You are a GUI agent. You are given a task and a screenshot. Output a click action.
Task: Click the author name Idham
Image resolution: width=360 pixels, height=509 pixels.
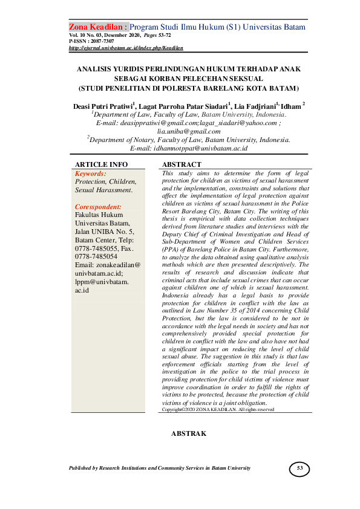(x=293, y=105)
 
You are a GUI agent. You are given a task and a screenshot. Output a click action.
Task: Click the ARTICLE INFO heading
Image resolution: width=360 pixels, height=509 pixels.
(x=101, y=164)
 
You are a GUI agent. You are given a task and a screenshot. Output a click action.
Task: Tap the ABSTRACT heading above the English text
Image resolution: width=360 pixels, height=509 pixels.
(x=182, y=164)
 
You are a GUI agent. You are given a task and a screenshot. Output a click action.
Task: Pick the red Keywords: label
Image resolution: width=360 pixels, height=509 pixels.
(x=90, y=173)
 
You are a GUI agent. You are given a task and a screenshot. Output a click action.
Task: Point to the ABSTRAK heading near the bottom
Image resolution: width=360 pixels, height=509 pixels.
(x=189, y=433)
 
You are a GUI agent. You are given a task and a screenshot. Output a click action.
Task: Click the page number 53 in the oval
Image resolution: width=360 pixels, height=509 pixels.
(x=300, y=468)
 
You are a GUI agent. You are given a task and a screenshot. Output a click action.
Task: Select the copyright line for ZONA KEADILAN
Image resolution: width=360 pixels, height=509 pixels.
(x=218, y=409)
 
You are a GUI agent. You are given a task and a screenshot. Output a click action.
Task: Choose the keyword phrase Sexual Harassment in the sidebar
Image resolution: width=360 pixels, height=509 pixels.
(x=103, y=190)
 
